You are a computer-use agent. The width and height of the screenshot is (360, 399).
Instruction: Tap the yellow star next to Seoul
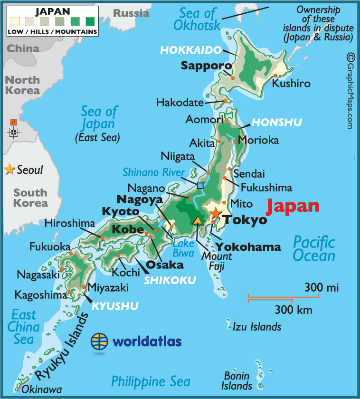[9, 170]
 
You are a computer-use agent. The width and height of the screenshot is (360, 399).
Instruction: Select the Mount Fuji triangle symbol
[197, 220]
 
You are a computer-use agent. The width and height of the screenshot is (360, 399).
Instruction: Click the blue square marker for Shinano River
[200, 186]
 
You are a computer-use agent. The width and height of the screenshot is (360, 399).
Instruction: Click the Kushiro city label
[291, 84]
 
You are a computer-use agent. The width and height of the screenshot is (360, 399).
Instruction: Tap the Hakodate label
[180, 102]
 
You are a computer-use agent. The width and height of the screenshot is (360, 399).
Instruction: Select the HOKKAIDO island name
[191, 50]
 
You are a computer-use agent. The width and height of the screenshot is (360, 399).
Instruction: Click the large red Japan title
[293, 206]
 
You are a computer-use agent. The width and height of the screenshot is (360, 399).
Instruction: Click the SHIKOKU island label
[170, 280]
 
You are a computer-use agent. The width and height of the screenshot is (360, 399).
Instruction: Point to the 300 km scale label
[293, 311]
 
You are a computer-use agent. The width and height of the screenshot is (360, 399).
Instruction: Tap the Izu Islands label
[257, 326]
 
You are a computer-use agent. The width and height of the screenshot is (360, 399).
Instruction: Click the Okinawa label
[42, 389]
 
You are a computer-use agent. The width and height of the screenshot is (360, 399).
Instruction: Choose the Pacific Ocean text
[314, 248]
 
